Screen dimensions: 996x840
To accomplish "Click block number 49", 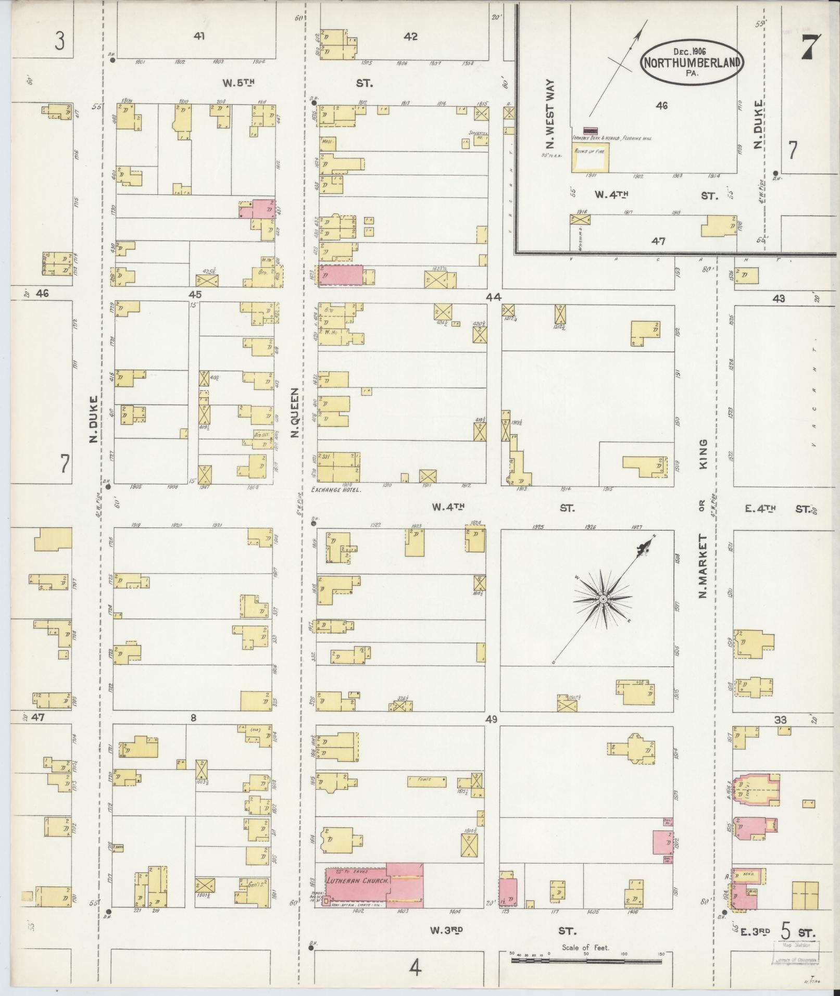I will click(x=492, y=719).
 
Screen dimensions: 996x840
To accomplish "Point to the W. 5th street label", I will click(x=237, y=82).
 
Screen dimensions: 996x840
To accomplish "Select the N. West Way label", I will click(x=551, y=114).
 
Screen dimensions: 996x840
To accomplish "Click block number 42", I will click(x=411, y=37).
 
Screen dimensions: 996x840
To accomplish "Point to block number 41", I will click(x=199, y=36).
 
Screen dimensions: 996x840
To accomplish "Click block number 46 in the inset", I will click(x=661, y=106).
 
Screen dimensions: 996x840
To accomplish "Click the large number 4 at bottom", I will click(x=415, y=967).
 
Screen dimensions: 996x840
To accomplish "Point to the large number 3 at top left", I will click(x=59, y=41).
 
